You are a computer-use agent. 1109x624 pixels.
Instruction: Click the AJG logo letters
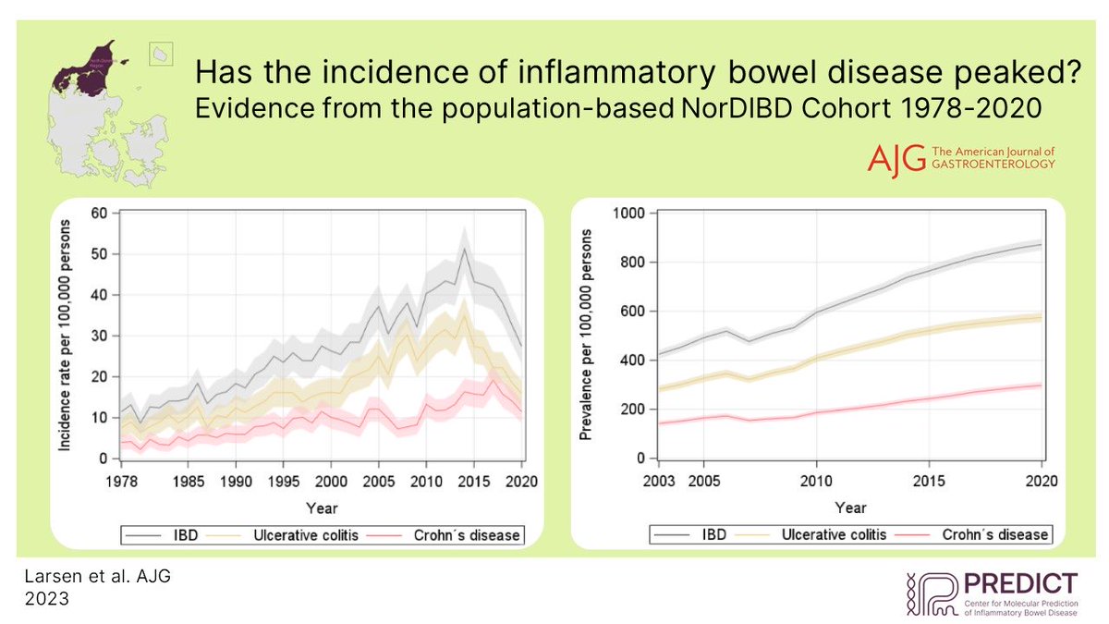point(892,158)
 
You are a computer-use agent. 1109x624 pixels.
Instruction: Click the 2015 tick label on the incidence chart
point(474,481)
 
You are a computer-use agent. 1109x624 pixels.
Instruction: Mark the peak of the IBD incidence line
point(464,248)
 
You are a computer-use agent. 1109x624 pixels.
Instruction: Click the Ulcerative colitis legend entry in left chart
point(301,534)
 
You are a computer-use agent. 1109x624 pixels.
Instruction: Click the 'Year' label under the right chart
point(850,508)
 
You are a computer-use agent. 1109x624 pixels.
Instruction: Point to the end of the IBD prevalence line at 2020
point(1042,245)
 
